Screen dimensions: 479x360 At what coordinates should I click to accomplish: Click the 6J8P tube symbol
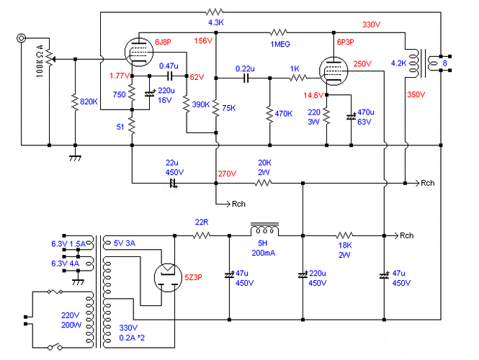click(x=139, y=53)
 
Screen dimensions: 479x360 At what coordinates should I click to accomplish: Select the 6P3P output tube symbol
click(x=333, y=71)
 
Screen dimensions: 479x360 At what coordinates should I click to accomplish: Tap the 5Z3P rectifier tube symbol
click(x=168, y=277)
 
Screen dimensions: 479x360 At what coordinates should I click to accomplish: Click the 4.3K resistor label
click(x=216, y=22)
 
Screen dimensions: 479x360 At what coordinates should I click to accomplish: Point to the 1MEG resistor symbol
click(x=279, y=32)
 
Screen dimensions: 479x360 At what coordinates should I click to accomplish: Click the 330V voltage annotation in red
click(x=371, y=24)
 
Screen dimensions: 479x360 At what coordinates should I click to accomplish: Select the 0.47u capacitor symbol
click(x=170, y=76)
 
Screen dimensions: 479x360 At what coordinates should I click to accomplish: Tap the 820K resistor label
click(x=89, y=102)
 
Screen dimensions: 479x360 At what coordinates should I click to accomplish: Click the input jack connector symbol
click(x=21, y=38)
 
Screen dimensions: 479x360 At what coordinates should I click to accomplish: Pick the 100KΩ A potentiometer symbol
click(x=50, y=58)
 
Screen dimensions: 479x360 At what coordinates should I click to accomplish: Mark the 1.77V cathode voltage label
click(x=120, y=76)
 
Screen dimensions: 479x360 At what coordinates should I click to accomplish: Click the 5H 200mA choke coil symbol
click(x=264, y=229)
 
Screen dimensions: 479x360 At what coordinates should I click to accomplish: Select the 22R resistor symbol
click(x=202, y=235)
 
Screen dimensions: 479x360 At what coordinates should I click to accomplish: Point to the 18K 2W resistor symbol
click(x=344, y=235)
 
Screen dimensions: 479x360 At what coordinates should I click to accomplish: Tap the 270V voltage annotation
click(x=227, y=174)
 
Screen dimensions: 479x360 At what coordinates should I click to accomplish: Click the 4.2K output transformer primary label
click(x=398, y=63)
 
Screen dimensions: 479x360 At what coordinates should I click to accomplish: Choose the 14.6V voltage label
click(x=313, y=95)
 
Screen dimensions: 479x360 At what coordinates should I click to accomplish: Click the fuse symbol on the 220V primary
click(x=55, y=292)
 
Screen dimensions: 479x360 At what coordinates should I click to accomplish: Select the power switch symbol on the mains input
click(x=55, y=347)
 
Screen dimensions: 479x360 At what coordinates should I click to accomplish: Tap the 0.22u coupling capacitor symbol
click(x=246, y=78)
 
